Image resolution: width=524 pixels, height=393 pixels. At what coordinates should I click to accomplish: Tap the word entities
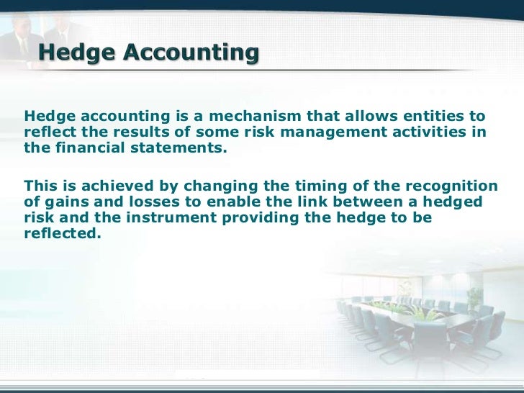(x=437, y=117)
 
